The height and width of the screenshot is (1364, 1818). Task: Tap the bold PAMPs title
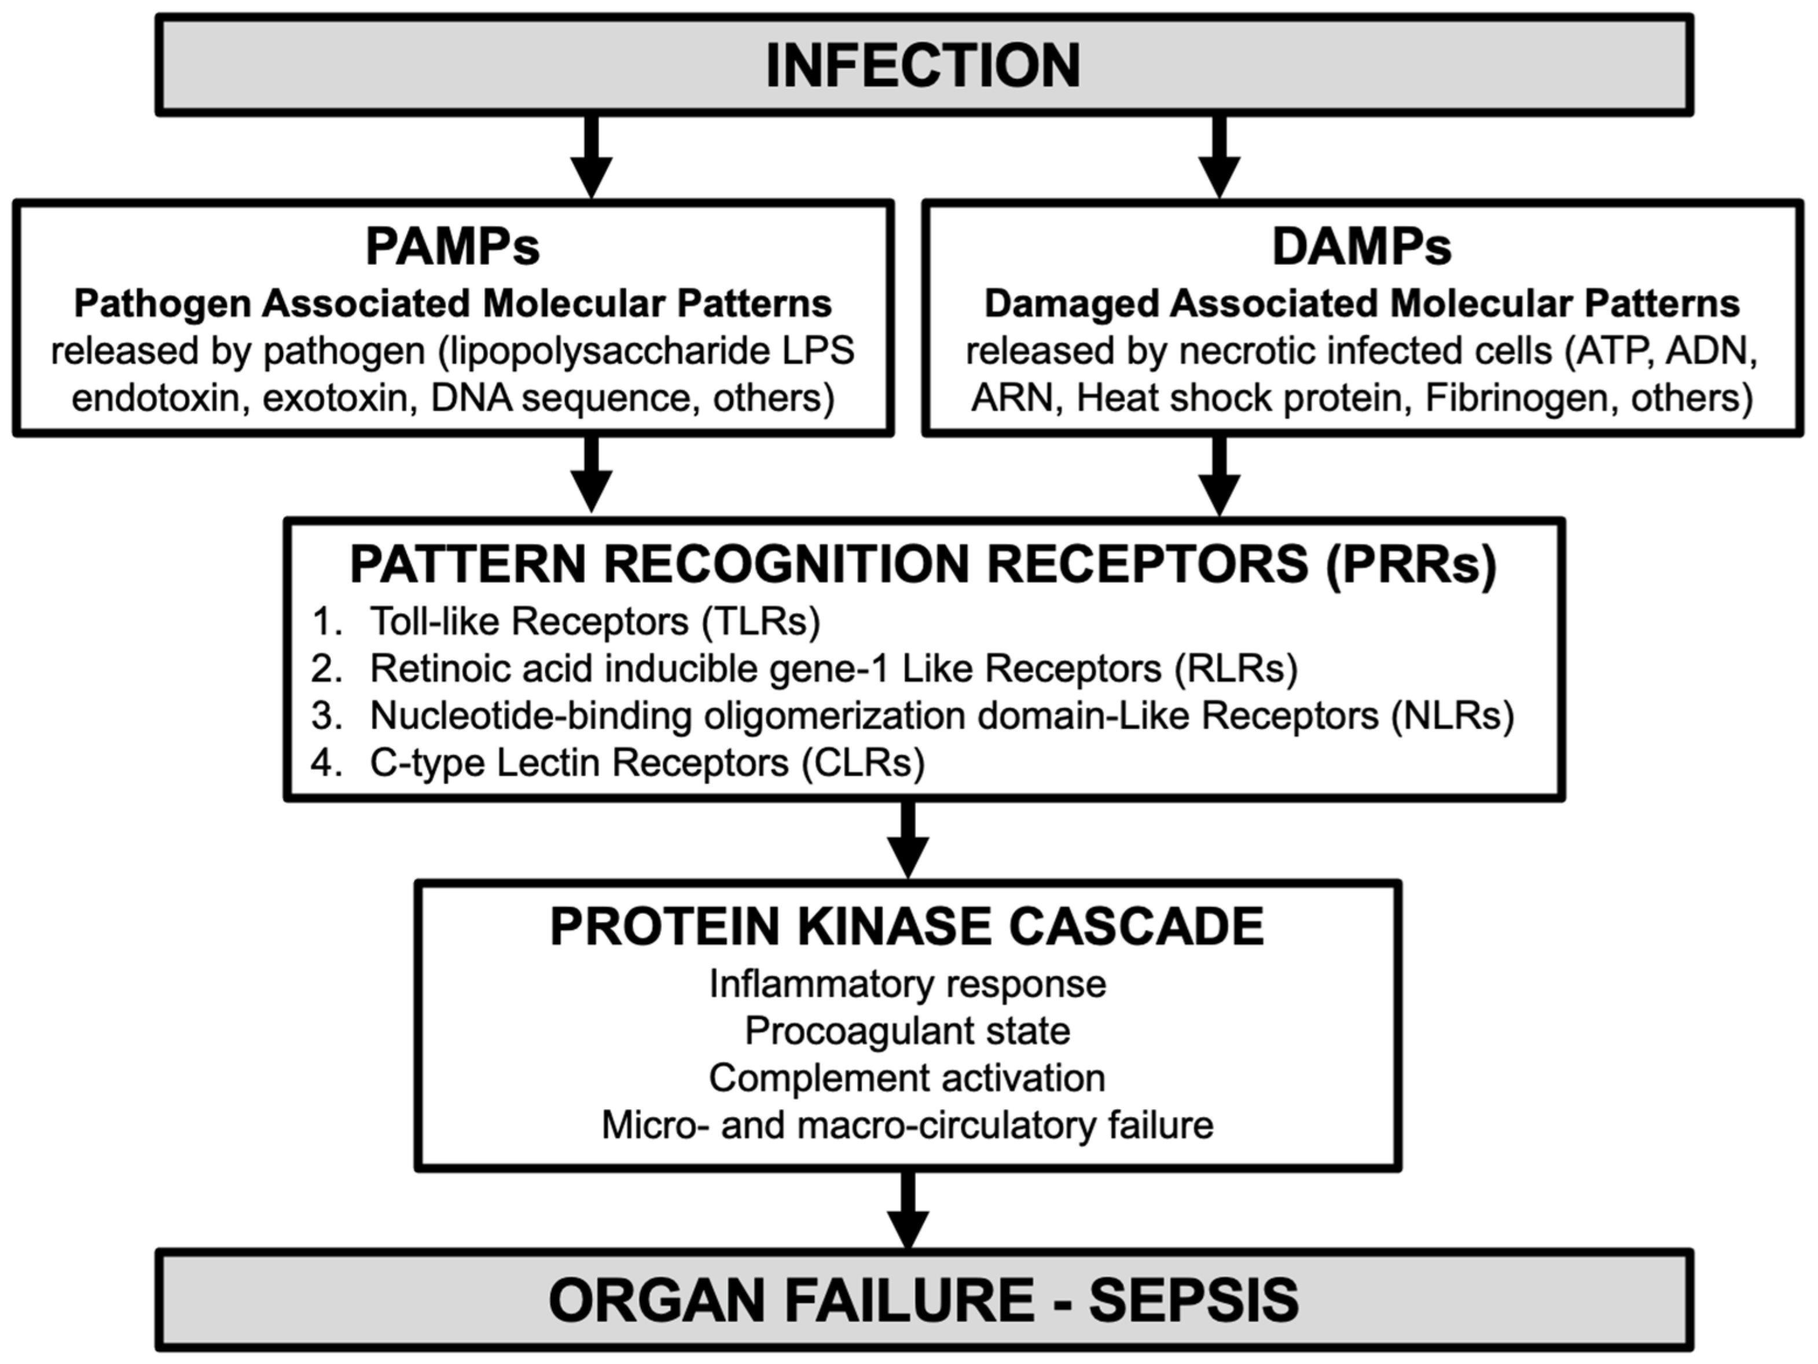pyautogui.click(x=452, y=246)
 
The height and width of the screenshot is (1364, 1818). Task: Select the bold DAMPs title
pyautogui.click(x=1362, y=246)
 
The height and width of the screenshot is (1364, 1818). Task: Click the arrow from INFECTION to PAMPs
pyautogui.click(x=592, y=156)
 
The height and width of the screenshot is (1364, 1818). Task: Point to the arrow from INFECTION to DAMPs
pyautogui.click(x=1219, y=156)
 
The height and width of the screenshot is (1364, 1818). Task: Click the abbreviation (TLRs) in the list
pyautogui.click(x=761, y=622)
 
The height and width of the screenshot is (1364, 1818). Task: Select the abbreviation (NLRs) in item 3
pyautogui.click(x=1452, y=716)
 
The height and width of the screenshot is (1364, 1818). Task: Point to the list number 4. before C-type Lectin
pyautogui.click(x=326, y=764)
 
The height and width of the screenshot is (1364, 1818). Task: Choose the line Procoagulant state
pyautogui.click(x=908, y=1031)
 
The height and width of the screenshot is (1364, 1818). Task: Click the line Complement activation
pyautogui.click(x=908, y=1078)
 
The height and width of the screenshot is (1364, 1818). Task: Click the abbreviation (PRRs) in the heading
pyautogui.click(x=1411, y=565)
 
